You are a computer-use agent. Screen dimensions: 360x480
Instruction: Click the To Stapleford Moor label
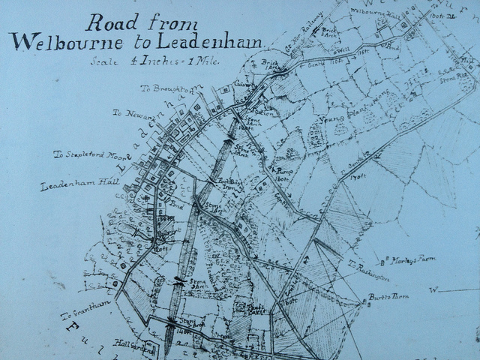pos(87,154)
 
